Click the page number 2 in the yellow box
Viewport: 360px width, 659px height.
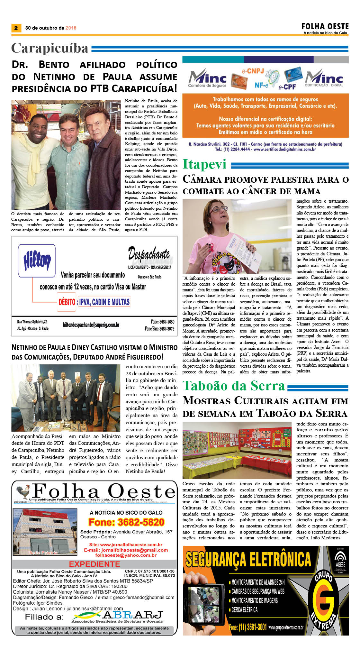[x=16, y=28]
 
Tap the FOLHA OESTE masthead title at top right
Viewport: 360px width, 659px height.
[x=325, y=26]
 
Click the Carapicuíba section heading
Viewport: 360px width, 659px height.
[x=50, y=48]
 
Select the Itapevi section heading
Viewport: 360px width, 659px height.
[x=204, y=164]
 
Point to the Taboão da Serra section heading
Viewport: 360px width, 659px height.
[x=234, y=386]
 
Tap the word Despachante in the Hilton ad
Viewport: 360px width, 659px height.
[x=149, y=254]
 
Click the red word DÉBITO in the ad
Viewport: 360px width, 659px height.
[x=67, y=302]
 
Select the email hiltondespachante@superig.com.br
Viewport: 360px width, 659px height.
[x=91, y=325]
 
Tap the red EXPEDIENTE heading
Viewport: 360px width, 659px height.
[x=94, y=564]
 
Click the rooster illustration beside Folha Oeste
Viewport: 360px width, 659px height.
[x=23, y=492]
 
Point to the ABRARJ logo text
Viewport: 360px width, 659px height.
[x=132, y=615]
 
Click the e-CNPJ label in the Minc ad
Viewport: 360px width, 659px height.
[x=253, y=71]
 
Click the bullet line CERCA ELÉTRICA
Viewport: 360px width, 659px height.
[x=244, y=609]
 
